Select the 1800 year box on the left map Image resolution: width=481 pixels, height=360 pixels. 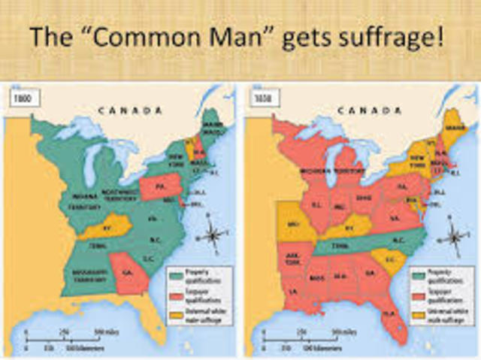tap(19, 98)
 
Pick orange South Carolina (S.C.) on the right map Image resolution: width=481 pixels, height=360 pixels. tap(391, 259)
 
